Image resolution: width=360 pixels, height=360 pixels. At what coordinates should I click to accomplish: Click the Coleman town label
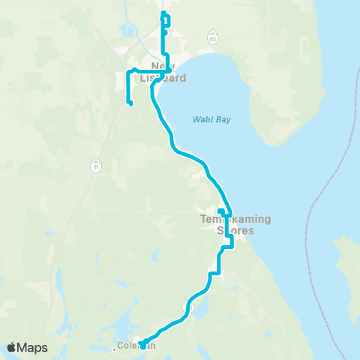136,346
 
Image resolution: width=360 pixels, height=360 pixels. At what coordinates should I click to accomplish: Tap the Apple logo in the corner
12,347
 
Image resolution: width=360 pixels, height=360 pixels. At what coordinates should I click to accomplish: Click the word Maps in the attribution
33,347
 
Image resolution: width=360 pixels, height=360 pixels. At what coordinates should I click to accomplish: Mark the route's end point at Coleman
142,345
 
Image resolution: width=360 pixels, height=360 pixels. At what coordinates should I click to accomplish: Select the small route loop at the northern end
165,20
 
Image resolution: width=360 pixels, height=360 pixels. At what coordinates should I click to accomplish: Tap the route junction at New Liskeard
169,71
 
